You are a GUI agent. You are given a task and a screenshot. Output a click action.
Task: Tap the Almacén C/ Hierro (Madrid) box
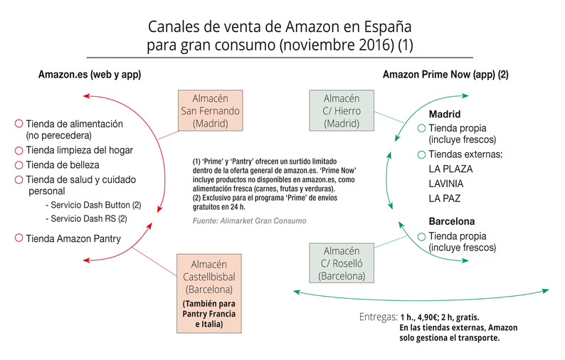(x=341, y=111)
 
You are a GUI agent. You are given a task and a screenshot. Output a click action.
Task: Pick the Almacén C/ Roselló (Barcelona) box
(x=341, y=263)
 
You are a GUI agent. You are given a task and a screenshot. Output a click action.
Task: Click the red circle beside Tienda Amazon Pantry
(x=19, y=238)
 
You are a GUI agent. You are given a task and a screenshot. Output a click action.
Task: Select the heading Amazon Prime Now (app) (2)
(x=445, y=74)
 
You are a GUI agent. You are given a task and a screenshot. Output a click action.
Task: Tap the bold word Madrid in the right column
(x=445, y=115)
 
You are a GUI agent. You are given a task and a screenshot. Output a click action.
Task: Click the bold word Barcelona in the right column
(x=452, y=221)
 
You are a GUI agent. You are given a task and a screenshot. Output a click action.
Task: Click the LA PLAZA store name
(x=450, y=169)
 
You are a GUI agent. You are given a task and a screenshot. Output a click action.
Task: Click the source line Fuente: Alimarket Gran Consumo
(x=249, y=221)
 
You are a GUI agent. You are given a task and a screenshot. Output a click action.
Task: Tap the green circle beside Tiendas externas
(x=421, y=154)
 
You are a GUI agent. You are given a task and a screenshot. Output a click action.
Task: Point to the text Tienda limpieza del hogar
(x=80, y=150)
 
